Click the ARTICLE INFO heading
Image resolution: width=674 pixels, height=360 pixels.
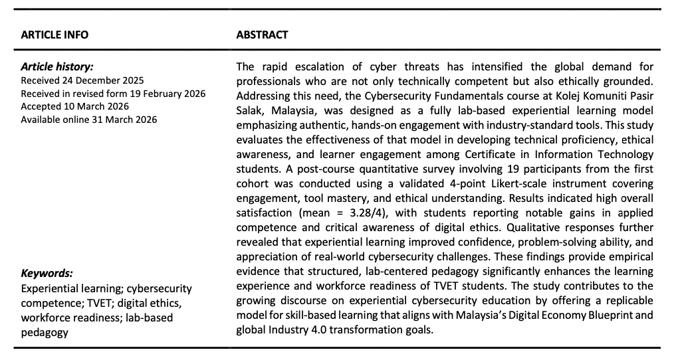[x=55, y=35]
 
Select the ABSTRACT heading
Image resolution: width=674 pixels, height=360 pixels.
[x=262, y=35]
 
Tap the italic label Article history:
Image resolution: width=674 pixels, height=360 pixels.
[x=57, y=67]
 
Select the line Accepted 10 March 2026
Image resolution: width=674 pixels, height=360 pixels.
[x=74, y=106]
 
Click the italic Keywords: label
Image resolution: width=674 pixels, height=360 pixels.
[x=47, y=273]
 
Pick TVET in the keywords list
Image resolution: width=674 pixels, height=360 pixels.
[x=95, y=303]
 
